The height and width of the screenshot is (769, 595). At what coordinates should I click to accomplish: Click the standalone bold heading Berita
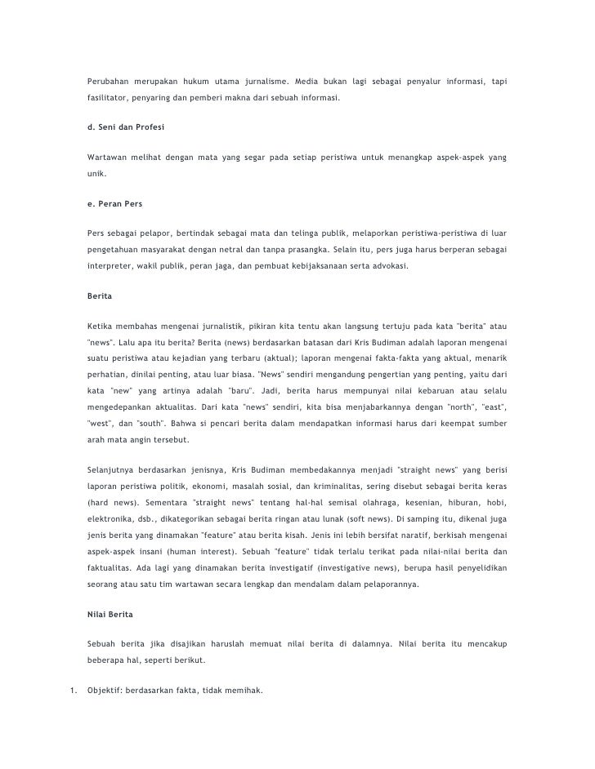[x=100, y=297]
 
